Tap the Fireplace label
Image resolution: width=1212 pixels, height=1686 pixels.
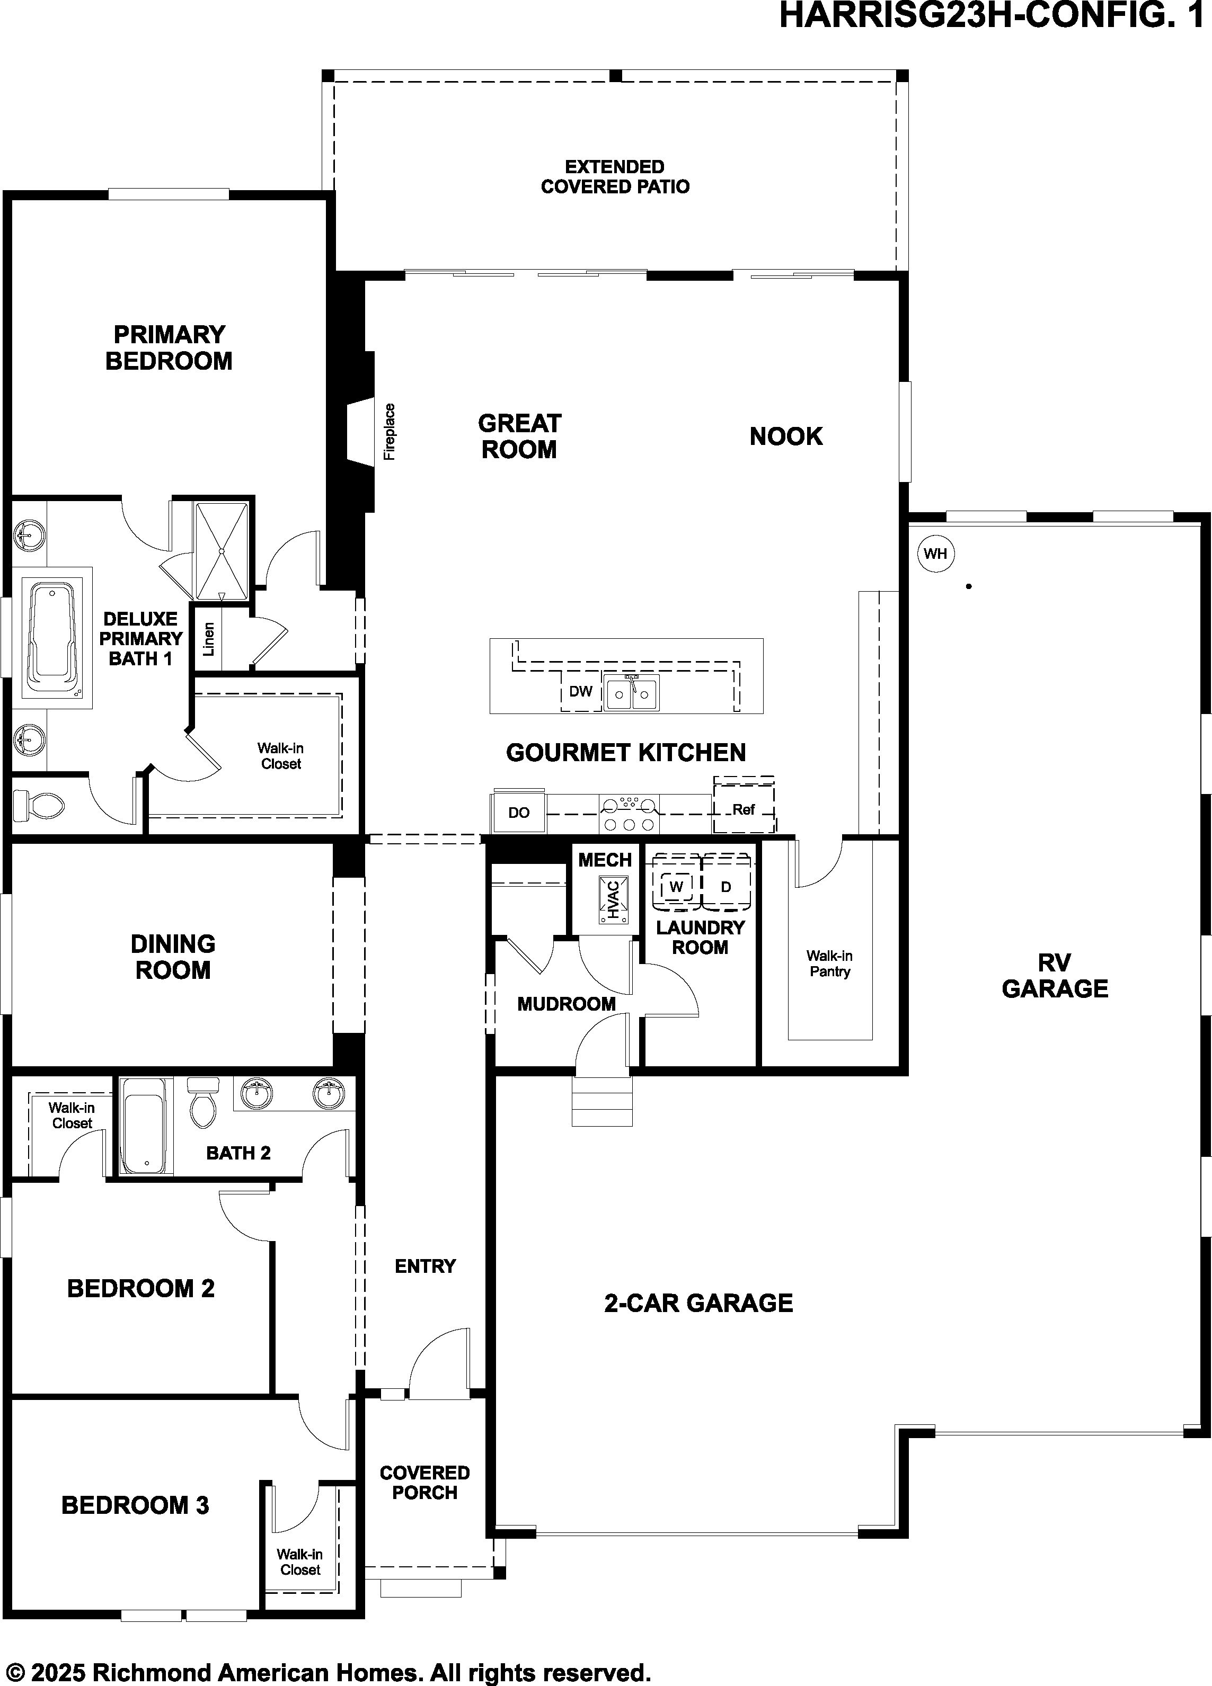(x=390, y=432)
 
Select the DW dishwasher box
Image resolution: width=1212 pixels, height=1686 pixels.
(x=581, y=691)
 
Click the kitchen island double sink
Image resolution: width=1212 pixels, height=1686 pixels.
(x=631, y=693)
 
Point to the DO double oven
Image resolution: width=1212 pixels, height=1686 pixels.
(x=518, y=813)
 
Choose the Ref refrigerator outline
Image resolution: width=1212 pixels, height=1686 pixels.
(x=744, y=806)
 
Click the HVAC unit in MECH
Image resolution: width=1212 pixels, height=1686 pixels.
(x=614, y=899)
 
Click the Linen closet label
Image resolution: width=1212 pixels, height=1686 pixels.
(x=209, y=639)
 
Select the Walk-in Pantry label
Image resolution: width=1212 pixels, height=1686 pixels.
(x=829, y=964)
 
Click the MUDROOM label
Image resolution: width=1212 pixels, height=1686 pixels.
(x=567, y=1004)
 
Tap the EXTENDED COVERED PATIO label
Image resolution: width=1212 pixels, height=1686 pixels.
(x=615, y=176)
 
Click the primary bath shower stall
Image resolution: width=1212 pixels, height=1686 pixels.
(x=221, y=551)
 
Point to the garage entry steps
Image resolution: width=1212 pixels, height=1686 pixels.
(x=602, y=1100)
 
